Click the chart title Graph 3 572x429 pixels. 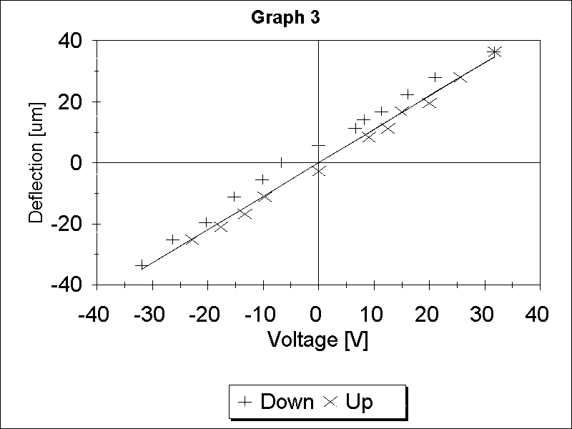click(x=285, y=18)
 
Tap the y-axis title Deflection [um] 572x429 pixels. click(x=36, y=162)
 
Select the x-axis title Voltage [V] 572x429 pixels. click(x=317, y=340)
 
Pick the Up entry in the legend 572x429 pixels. click(x=349, y=402)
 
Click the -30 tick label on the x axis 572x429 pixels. click(x=151, y=315)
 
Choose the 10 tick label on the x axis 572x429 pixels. click(x=373, y=315)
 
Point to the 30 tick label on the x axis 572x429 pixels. click(x=484, y=315)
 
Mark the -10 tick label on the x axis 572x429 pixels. click(x=262, y=315)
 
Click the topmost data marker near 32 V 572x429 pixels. click(x=494, y=51)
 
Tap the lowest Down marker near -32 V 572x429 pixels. click(x=142, y=265)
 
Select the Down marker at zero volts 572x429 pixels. click(x=318, y=145)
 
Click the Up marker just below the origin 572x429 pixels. click(x=319, y=171)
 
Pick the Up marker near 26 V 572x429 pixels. click(x=460, y=77)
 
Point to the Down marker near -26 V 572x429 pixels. click(x=172, y=240)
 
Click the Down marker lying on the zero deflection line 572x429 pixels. click(x=282, y=162)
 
